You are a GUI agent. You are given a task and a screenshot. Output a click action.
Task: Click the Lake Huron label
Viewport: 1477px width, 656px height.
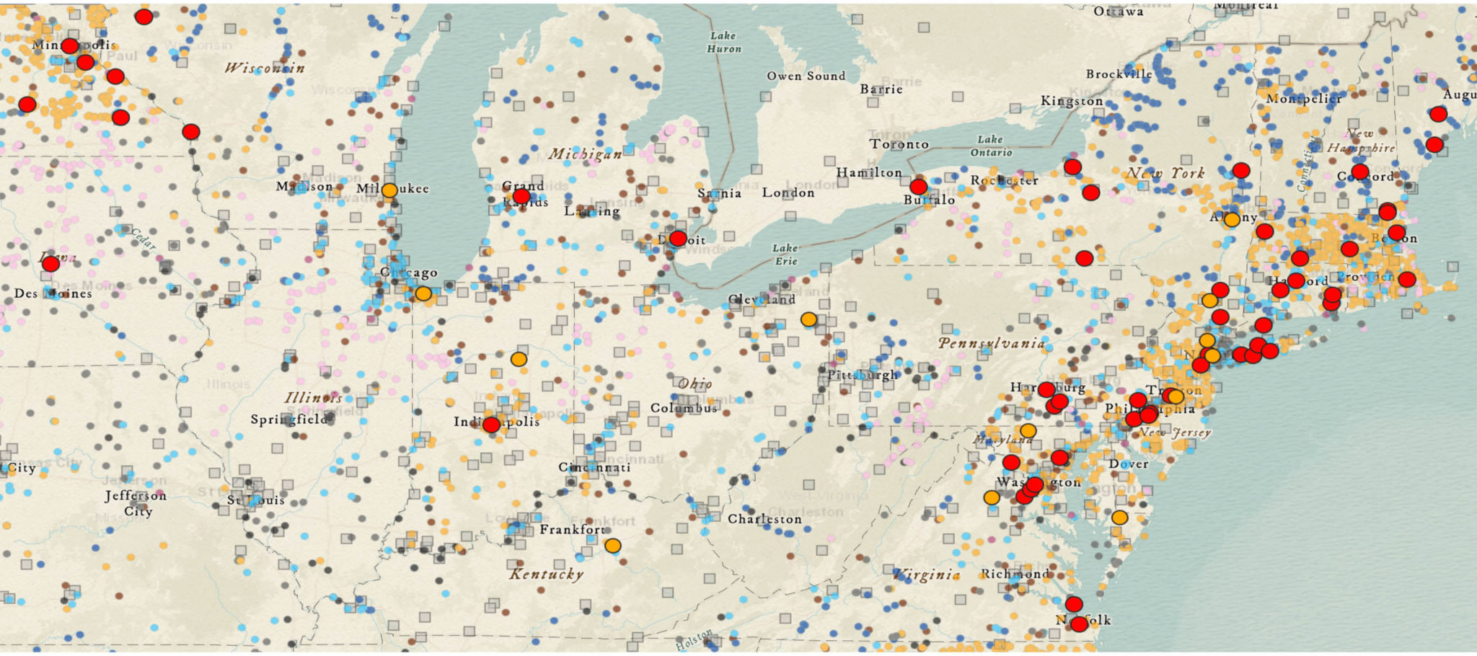click(723, 42)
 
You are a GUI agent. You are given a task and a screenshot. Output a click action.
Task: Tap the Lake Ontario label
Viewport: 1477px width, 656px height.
click(991, 146)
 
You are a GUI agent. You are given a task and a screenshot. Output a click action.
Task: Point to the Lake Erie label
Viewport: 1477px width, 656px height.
click(785, 254)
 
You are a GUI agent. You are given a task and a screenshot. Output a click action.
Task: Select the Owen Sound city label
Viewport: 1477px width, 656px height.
click(806, 76)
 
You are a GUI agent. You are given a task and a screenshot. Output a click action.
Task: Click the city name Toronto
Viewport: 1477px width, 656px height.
click(899, 144)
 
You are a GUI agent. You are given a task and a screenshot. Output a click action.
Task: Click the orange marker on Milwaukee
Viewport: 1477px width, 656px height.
click(389, 190)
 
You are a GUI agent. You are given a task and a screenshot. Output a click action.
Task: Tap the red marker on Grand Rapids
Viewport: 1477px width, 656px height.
click(521, 196)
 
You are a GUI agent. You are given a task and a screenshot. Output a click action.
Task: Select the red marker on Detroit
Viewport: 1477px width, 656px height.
click(678, 239)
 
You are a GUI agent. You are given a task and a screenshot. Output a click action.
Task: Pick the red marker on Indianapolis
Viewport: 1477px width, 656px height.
click(491, 425)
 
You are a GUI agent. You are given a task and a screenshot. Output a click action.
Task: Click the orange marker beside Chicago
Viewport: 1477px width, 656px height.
click(423, 293)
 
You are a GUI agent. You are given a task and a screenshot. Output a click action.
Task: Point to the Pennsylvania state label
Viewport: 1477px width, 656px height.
click(991, 343)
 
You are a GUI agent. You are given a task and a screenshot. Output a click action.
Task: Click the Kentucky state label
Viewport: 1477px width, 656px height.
click(546, 574)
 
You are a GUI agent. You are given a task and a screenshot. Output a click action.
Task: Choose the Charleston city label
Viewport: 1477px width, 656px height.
click(764, 519)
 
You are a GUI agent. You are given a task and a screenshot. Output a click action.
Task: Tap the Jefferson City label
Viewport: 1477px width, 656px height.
click(136, 503)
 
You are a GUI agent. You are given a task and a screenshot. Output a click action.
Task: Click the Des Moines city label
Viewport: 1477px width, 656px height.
click(53, 293)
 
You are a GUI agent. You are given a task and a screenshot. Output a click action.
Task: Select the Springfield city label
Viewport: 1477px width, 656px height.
click(289, 419)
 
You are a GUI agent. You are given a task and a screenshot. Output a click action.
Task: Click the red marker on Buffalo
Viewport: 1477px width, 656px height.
click(918, 187)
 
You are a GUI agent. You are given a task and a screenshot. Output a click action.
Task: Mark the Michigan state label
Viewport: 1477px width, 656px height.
click(585, 154)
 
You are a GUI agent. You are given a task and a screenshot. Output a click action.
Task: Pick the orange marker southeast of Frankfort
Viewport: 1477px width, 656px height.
click(612, 546)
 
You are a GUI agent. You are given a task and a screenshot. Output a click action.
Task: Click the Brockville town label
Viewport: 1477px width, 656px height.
click(1119, 74)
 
